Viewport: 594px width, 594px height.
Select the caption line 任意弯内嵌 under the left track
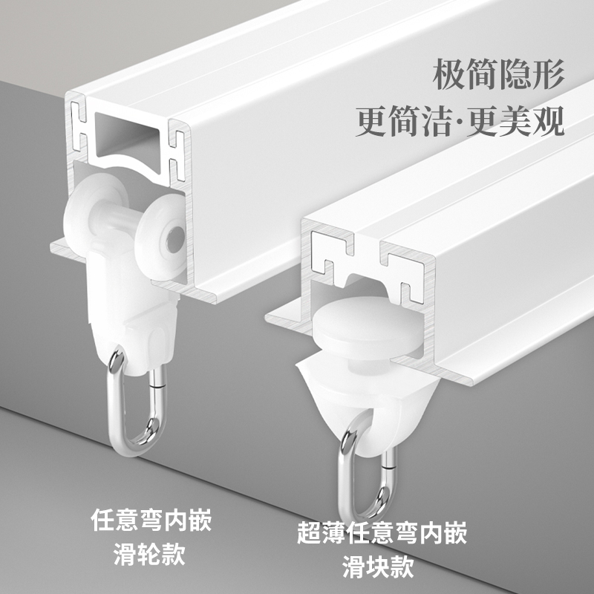point(151,520)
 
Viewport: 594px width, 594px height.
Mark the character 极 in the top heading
point(446,76)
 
